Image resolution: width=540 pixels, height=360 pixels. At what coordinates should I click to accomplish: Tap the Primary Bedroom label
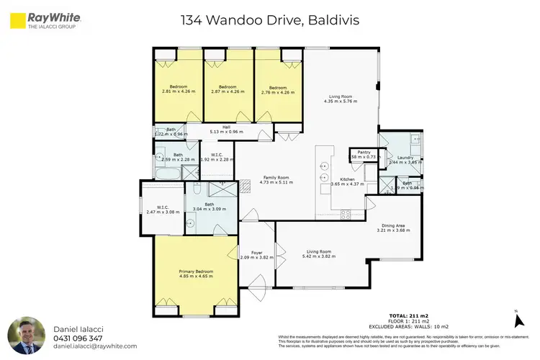coord(195,271)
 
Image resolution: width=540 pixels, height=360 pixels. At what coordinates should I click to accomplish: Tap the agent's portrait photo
coord(26,335)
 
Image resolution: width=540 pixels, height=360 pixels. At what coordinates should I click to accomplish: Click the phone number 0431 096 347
coord(78,338)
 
